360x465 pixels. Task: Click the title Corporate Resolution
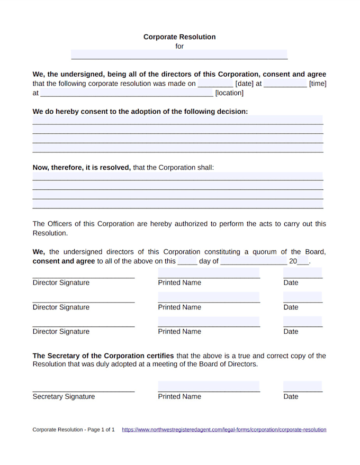[x=179, y=37]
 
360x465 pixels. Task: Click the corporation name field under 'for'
[x=179, y=54]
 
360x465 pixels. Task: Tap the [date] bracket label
[x=244, y=84]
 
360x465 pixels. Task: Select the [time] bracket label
[x=318, y=84]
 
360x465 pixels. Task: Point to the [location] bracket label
[x=229, y=93]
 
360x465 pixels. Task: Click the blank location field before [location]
[x=127, y=93]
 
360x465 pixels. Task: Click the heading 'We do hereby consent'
[x=140, y=112]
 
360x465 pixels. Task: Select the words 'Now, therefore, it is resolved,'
[x=82, y=167]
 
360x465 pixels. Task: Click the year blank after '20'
[x=303, y=261]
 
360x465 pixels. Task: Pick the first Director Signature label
[x=61, y=283]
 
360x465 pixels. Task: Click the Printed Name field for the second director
[x=209, y=297]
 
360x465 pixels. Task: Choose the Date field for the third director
[x=302, y=322]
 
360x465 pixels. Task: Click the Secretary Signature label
[x=64, y=397]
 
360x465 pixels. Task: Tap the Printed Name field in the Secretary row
[x=209, y=386]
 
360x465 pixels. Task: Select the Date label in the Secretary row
[x=291, y=397]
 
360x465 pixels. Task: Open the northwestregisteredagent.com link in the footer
[x=224, y=430]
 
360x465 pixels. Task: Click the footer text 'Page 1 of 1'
[x=100, y=430]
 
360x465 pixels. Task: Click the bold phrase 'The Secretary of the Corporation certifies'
[x=103, y=356]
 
